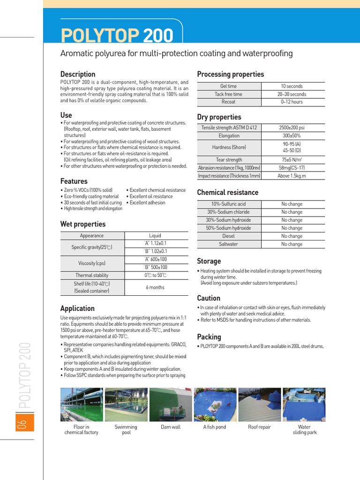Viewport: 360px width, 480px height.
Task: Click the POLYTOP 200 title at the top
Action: click(x=117, y=35)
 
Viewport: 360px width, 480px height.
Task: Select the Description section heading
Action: click(x=78, y=74)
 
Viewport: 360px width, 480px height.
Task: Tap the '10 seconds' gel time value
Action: click(x=292, y=86)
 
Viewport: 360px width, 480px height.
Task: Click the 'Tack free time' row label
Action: click(x=228, y=94)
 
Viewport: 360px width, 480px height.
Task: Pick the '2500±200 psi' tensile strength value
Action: click(x=292, y=127)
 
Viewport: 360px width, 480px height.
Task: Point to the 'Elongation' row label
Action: click(x=229, y=135)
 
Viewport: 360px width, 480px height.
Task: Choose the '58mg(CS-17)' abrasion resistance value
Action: click(x=292, y=167)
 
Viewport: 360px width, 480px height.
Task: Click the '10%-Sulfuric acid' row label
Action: click(x=228, y=204)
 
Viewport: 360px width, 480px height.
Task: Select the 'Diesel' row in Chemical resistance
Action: click(x=228, y=236)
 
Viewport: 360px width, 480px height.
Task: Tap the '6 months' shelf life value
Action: click(x=155, y=287)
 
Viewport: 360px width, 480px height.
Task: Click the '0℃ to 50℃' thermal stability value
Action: click(x=155, y=275)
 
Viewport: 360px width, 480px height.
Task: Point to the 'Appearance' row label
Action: click(x=92, y=236)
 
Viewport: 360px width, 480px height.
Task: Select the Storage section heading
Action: click(x=209, y=261)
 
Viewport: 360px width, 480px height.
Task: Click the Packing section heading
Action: click(x=209, y=337)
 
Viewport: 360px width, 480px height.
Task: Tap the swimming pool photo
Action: click(x=126, y=405)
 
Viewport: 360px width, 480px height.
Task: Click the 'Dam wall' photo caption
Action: click(x=171, y=427)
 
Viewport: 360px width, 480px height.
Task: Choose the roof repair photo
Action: click(x=260, y=405)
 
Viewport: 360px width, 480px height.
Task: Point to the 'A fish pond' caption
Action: click(x=215, y=427)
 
